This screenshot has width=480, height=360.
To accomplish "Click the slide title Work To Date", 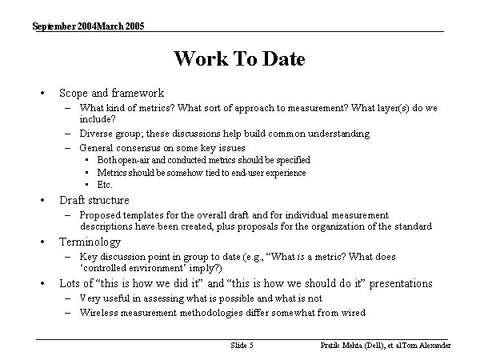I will [x=239, y=59].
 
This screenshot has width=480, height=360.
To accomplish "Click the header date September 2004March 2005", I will [x=89, y=26].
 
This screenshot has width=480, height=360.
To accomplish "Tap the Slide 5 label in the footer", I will [x=242, y=346].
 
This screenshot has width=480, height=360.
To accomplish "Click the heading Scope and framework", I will [x=111, y=93].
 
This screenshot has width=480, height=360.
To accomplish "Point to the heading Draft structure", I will [x=94, y=200].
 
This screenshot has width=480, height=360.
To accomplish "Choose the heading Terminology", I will [x=90, y=242].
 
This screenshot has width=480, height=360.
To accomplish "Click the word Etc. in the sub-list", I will [x=104, y=185].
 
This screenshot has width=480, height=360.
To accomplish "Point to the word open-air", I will [x=135, y=160].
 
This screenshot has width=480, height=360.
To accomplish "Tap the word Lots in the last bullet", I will [x=70, y=283].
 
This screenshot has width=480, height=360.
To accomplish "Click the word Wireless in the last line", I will [x=98, y=312].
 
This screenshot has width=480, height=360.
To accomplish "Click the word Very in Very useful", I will [x=90, y=298].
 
